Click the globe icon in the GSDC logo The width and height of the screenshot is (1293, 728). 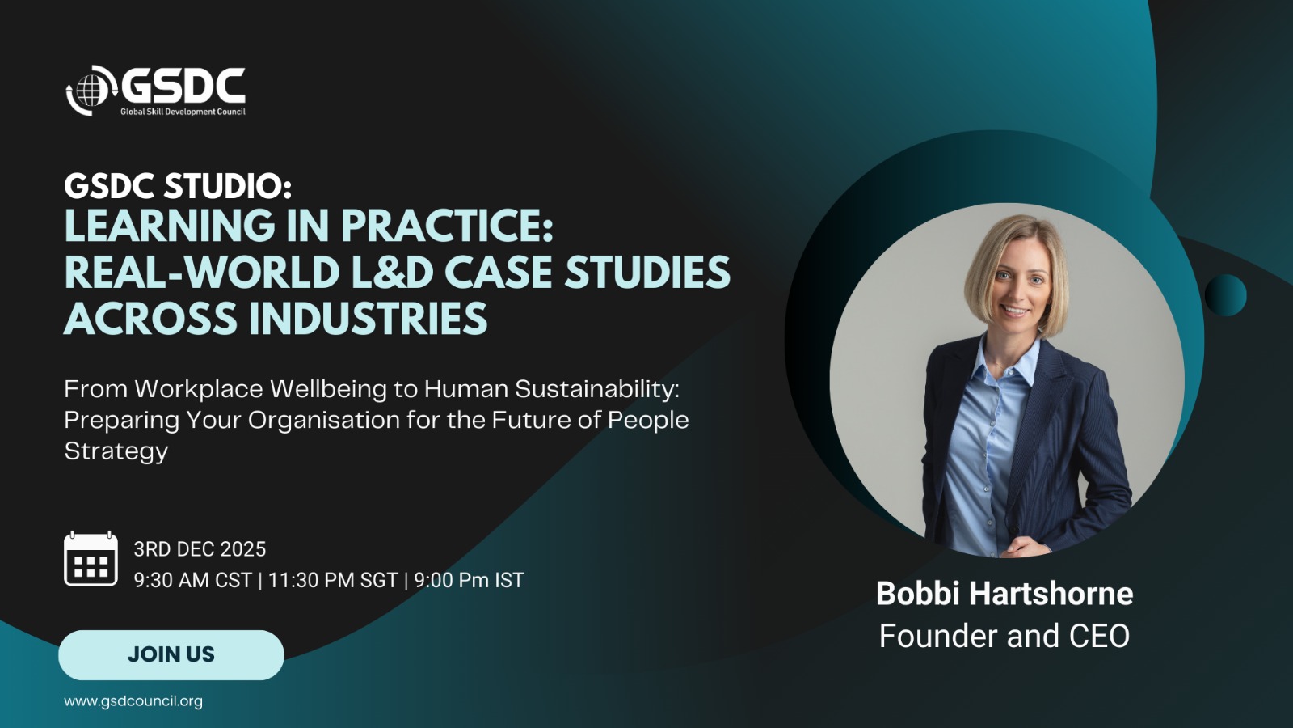tap(91, 91)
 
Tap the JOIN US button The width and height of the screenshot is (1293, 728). tap(171, 654)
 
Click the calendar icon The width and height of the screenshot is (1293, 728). tap(91, 559)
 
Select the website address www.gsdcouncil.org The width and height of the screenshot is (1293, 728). tap(133, 701)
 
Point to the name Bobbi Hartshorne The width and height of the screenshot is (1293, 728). tap(1004, 594)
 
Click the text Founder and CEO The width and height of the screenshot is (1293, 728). tap(1004, 636)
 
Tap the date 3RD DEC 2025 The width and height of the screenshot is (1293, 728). tap(200, 549)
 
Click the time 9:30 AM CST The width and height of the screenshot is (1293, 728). tap(193, 580)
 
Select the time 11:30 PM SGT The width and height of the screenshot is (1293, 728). tap(333, 580)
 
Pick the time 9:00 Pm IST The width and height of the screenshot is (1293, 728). tap(469, 580)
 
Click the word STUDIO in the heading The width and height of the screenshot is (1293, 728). tap(227, 187)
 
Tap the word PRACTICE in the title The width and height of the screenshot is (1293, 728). tap(448, 225)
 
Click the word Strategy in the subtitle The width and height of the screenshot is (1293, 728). tap(116, 451)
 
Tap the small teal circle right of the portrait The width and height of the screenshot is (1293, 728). tap(1225, 295)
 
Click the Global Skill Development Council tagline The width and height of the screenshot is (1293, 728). tap(183, 112)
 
